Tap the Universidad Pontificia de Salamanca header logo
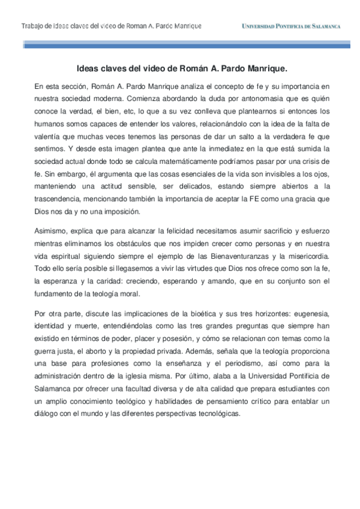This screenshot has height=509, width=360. (x=291, y=26)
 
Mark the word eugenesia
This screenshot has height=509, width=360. (x=303, y=313)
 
